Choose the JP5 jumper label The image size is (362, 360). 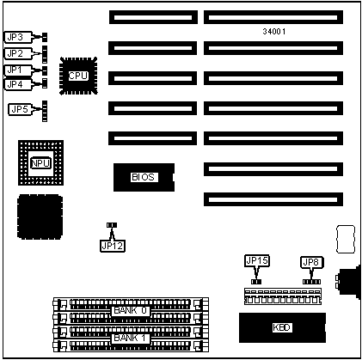pos(20,109)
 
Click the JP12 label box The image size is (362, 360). pos(113,246)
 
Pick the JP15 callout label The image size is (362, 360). pos(257,260)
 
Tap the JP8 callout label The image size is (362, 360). pos(312,262)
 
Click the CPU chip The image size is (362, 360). pos(78,76)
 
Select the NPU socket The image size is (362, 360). pos(40,163)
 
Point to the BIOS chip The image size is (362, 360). pos(144,177)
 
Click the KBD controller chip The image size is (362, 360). pos(282,327)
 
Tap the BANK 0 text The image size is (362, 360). pos(131,310)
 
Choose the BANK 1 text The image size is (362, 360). pos(131,338)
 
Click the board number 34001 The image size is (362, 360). pos(274,32)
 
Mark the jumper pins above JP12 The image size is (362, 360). pos(112,225)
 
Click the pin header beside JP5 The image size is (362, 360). pos(45,111)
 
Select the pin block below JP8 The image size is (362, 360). pos(311,282)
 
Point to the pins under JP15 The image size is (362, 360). pos(256,282)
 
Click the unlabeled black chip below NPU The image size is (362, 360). pos(40,217)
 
